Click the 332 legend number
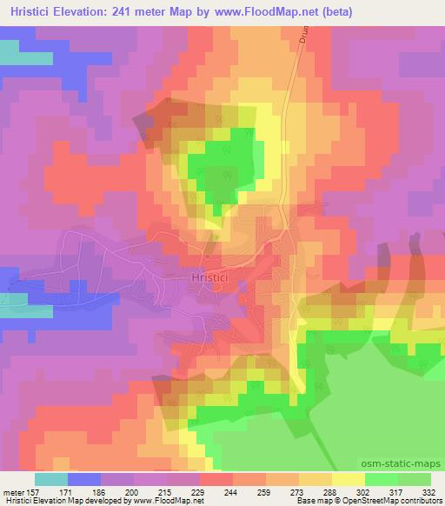point(428,491)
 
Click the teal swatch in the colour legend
point(51,479)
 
